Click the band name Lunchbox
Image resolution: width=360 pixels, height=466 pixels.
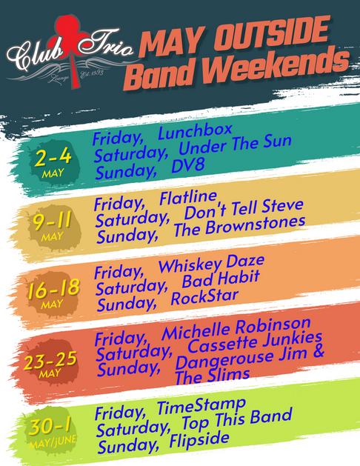pos(195,131)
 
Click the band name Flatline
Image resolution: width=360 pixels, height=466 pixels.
pos(189,198)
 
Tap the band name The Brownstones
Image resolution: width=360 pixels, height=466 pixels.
pos(239,226)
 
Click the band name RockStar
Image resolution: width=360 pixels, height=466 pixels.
pos(204,297)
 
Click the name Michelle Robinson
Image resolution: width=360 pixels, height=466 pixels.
pos(236,329)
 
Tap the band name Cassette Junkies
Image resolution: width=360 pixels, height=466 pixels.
pos(255,342)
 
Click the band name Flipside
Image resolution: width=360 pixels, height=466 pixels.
pos(199,440)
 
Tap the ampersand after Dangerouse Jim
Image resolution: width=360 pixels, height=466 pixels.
pos(318,352)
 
